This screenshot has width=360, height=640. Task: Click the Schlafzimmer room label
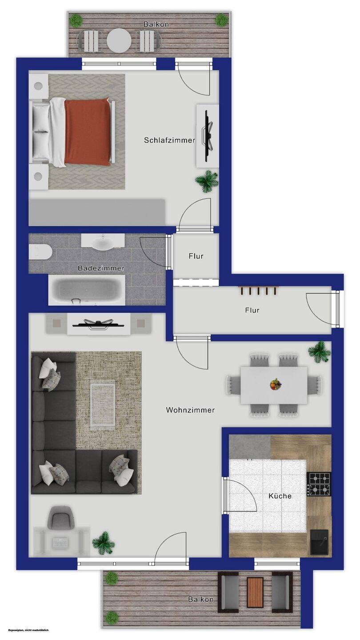169,140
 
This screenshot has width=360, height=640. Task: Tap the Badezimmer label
101,268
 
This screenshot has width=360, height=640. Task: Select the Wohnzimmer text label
190,410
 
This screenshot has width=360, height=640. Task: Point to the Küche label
280,496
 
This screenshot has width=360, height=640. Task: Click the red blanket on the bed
88,132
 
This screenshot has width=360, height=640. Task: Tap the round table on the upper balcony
119,40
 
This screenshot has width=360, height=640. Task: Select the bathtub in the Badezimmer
87,290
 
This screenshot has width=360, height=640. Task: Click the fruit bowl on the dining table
276,384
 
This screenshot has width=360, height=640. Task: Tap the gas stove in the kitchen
319,484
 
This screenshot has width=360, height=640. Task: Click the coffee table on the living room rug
103,404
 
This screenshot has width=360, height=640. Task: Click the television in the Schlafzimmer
208,136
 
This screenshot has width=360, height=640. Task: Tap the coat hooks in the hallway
258,290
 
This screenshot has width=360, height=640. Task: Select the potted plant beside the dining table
320,352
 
